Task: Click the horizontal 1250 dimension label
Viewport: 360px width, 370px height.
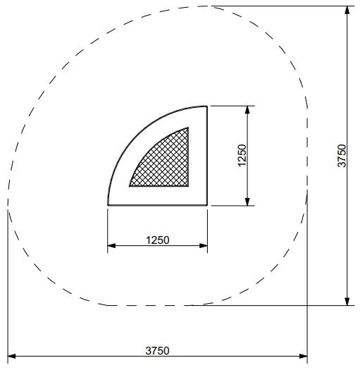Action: pos(157,240)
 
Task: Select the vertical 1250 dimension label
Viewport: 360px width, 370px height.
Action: pos(242,156)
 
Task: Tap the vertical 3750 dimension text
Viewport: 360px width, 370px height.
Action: pos(342,155)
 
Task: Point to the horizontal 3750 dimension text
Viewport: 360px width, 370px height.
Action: pos(157,350)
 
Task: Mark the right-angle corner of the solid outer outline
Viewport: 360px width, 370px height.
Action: pos(207,205)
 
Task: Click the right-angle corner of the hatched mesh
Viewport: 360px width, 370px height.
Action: pos(189,186)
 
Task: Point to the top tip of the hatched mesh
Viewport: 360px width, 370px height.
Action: pos(188,128)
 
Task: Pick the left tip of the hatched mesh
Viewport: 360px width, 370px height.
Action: pos(130,185)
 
